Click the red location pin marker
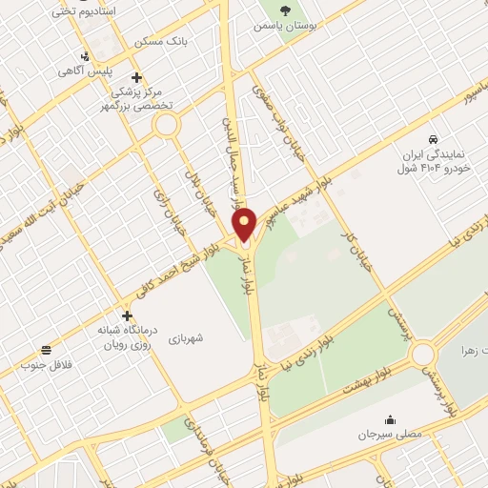point(245,223)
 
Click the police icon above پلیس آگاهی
point(86,56)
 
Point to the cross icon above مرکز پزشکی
point(136,77)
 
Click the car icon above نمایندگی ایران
point(434,139)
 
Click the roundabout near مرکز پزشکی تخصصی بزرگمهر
point(167,124)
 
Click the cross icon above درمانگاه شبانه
point(127,315)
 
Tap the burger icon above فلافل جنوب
point(47,350)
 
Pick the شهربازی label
point(188,338)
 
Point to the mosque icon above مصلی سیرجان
point(389,418)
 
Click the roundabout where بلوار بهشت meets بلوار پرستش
point(423,356)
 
